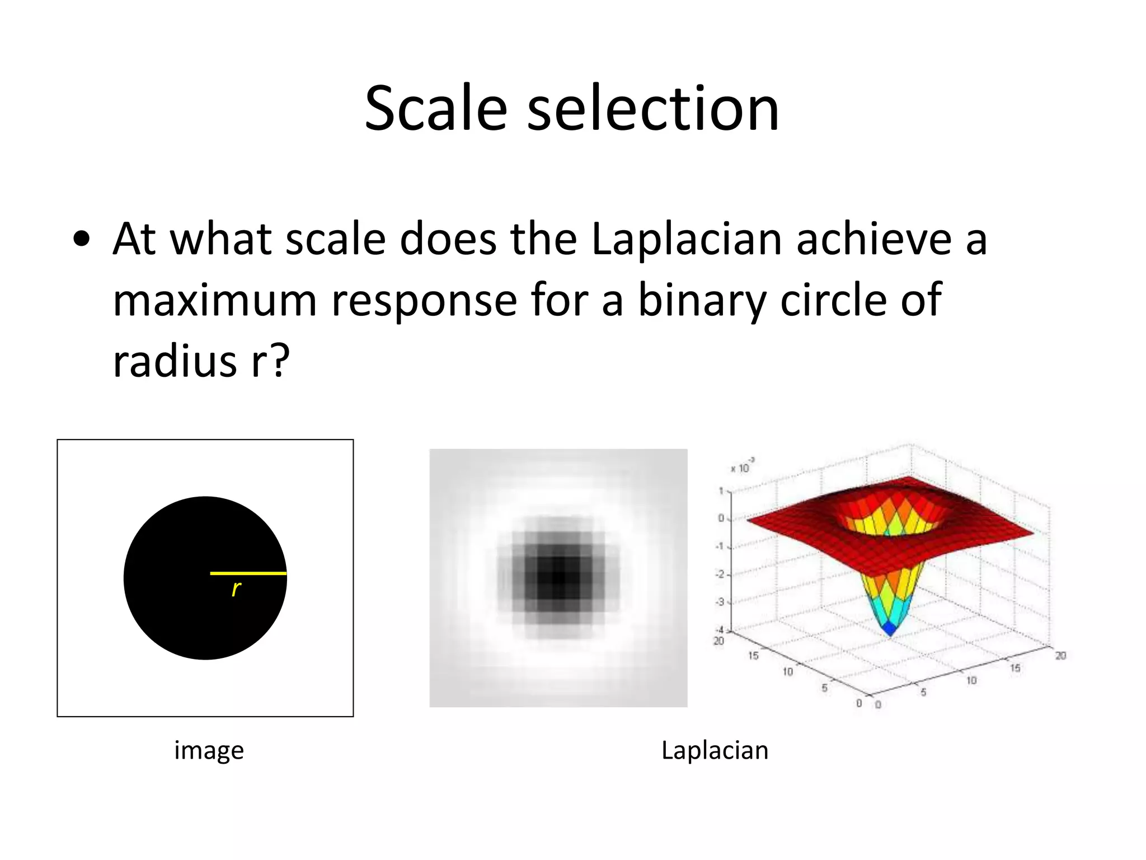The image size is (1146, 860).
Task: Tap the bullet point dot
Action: [x=81, y=240]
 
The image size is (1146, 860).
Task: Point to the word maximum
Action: [x=215, y=301]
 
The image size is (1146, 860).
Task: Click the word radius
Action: [x=175, y=361]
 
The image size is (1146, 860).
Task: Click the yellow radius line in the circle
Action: [x=248, y=573]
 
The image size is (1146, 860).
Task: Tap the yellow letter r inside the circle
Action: [x=236, y=588]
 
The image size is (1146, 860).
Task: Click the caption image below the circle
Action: [x=209, y=750]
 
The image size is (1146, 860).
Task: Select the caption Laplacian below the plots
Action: [x=715, y=750]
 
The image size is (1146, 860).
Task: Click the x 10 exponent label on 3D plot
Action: [x=742, y=466]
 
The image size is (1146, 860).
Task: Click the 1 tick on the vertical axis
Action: [x=722, y=492]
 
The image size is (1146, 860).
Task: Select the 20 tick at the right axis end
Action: [x=1060, y=656]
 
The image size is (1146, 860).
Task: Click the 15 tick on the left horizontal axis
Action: [x=754, y=656]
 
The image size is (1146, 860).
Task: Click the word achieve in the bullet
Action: [x=873, y=240]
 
